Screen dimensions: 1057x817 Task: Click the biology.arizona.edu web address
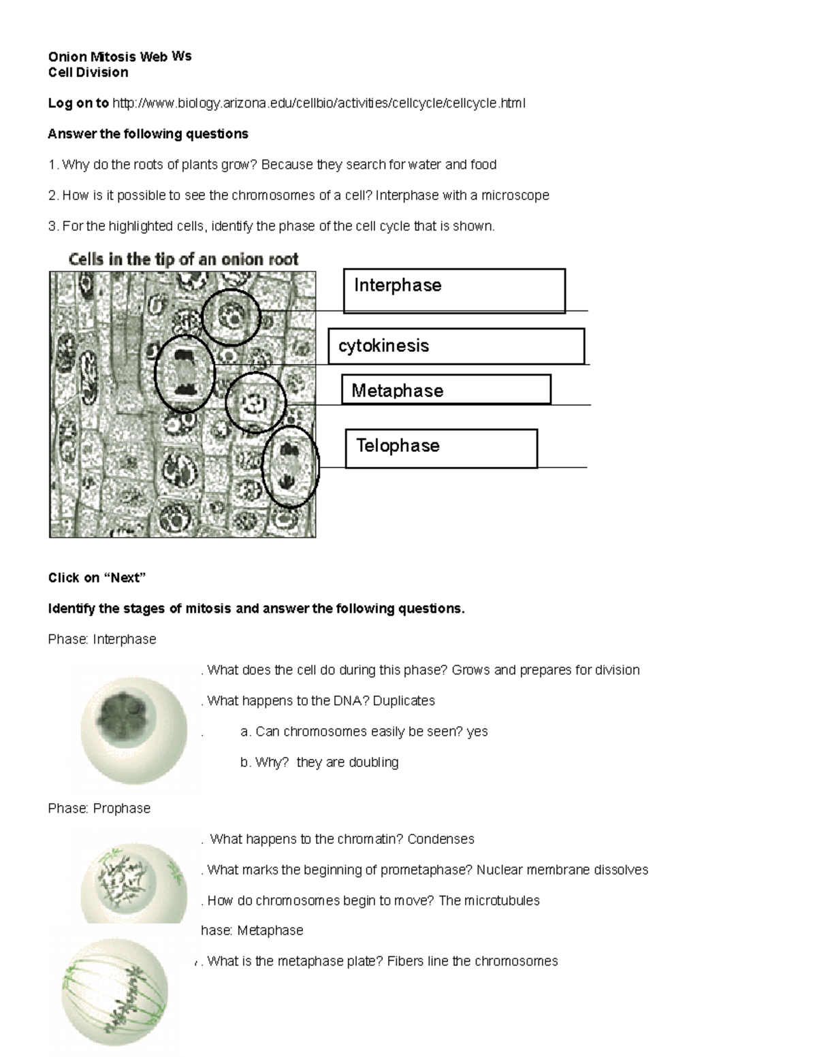click(x=319, y=103)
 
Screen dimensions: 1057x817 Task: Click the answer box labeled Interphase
click(x=454, y=291)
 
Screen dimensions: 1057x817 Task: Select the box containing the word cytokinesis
click(x=456, y=346)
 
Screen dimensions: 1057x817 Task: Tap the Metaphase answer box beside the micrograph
click(x=446, y=390)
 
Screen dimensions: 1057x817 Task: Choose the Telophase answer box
click(x=441, y=448)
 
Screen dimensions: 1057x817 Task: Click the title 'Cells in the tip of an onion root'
click(x=183, y=259)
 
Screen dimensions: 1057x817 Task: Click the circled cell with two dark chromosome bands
click(x=185, y=373)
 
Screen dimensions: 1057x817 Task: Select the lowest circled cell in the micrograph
click(x=291, y=467)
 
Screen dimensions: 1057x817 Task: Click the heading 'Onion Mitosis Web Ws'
click(x=120, y=57)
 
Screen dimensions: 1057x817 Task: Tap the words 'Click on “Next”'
click(x=97, y=578)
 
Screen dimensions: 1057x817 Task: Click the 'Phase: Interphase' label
click(x=102, y=639)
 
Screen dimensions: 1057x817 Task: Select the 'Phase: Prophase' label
click(x=99, y=808)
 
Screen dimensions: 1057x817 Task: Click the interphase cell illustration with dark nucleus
click(x=133, y=723)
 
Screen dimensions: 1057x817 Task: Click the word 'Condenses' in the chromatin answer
click(x=440, y=839)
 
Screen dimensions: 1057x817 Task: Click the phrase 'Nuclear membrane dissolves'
click(x=562, y=870)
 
